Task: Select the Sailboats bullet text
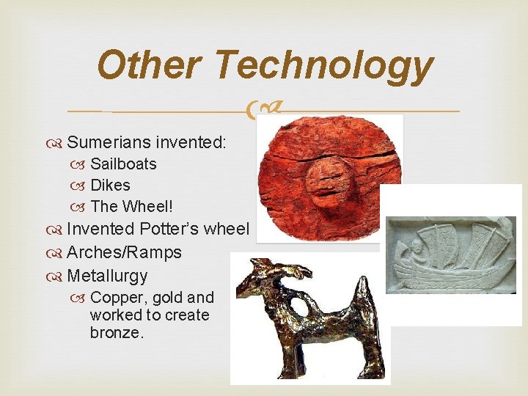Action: (x=123, y=164)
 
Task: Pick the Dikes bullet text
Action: (x=110, y=185)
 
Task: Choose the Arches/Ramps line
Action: (x=124, y=253)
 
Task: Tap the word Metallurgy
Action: (x=107, y=276)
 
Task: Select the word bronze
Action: (x=117, y=333)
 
